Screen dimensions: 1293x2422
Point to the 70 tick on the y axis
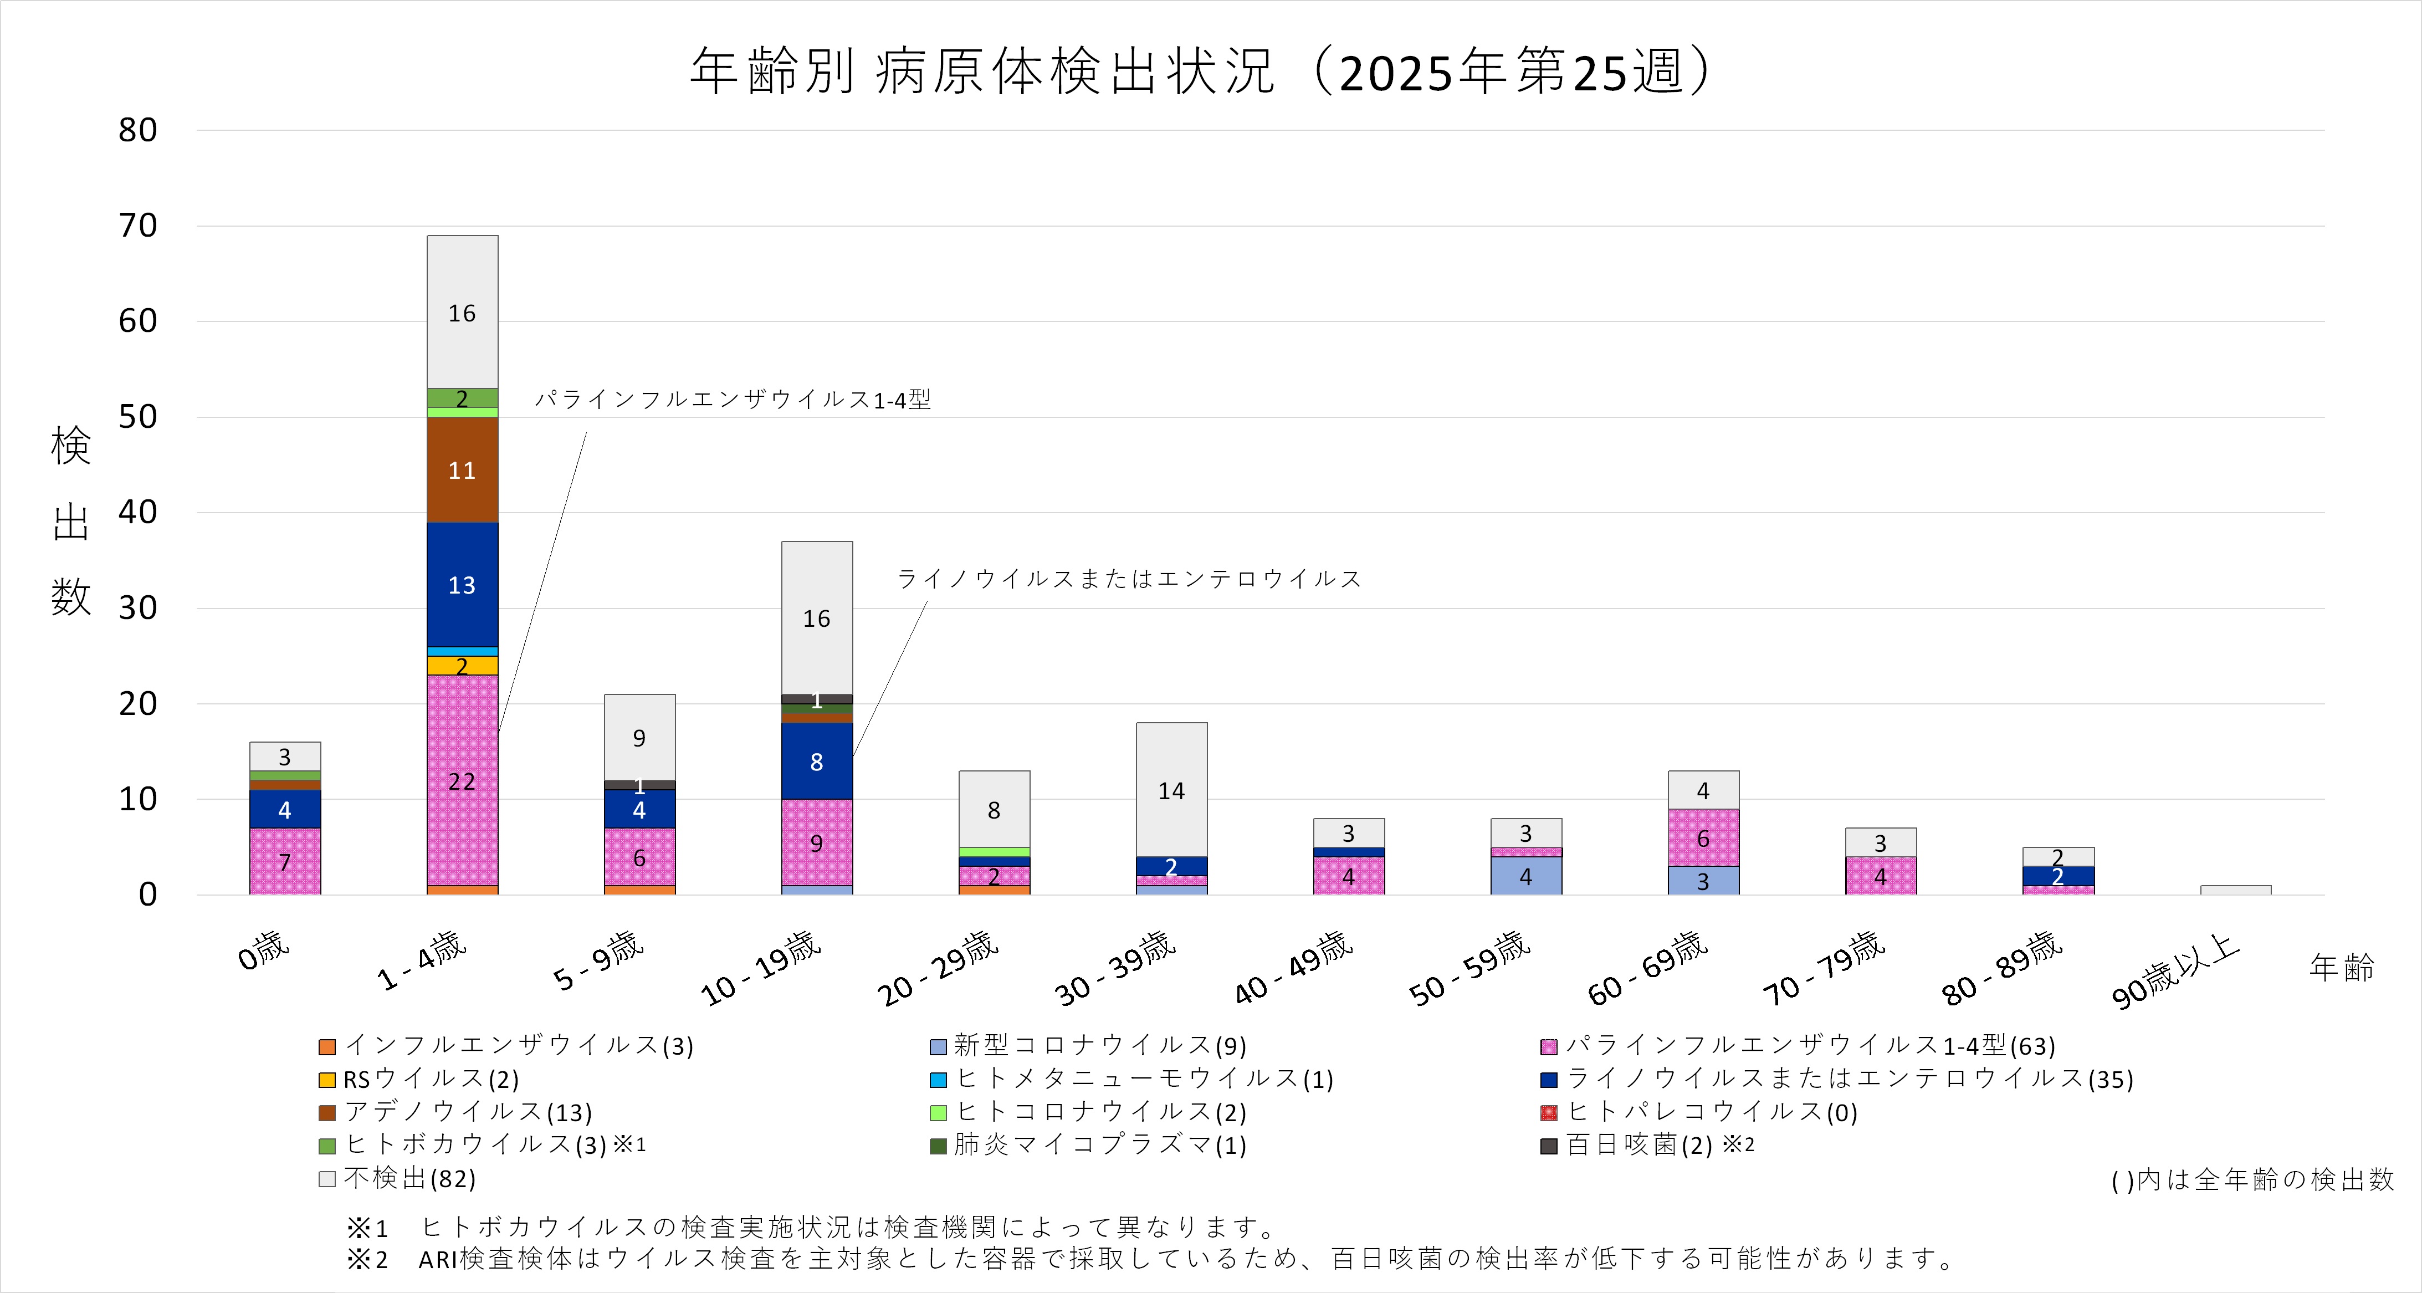tap(137, 226)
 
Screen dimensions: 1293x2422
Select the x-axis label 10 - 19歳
tap(761, 969)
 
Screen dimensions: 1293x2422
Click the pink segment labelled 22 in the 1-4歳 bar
tap(462, 780)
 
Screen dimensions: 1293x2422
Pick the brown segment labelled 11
tap(462, 470)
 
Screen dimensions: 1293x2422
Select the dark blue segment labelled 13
tap(462, 585)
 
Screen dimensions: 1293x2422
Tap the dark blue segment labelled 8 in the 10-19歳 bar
tap(816, 762)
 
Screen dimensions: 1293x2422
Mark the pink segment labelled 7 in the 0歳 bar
tap(285, 861)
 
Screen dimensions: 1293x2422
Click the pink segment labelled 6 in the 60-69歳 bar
tap(1703, 838)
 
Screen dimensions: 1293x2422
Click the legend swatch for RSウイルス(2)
tap(327, 1080)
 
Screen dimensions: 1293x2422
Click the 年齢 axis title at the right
tap(2341, 967)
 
